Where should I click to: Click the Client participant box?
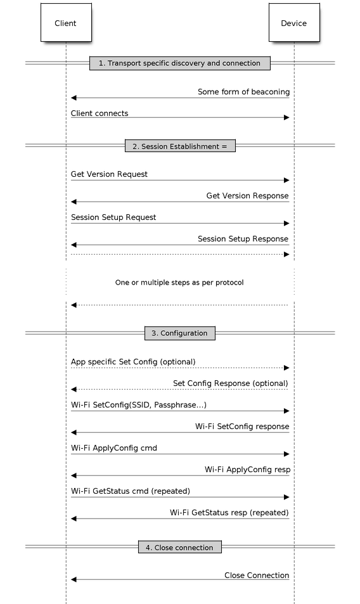[x=66, y=22]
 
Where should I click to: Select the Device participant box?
[x=294, y=22]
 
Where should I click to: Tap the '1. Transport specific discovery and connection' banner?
[x=180, y=63]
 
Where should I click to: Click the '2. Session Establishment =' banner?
[x=180, y=146]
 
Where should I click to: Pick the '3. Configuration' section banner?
[x=180, y=333]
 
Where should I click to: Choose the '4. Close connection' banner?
[x=180, y=547]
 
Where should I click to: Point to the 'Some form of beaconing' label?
[x=244, y=92]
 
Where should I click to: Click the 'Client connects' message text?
[x=100, y=113]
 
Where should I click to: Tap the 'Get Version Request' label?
[x=109, y=174]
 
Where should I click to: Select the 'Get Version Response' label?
[x=247, y=196]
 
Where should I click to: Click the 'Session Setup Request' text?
[x=113, y=217]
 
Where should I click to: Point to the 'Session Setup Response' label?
[x=243, y=239]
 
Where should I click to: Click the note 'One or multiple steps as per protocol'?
[x=179, y=283]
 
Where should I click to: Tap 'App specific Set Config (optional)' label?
[x=133, y=362]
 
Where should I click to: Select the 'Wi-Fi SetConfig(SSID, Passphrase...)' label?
[x=139, y=405]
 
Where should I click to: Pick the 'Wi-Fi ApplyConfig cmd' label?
[x=114, y=448]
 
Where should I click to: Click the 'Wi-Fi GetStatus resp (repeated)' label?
[x=229, y=513]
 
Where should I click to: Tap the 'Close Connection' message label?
[x=257, y=575]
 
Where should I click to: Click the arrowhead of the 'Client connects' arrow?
[x=286, y=117]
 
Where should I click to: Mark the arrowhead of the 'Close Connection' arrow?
[x=74, y=579]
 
